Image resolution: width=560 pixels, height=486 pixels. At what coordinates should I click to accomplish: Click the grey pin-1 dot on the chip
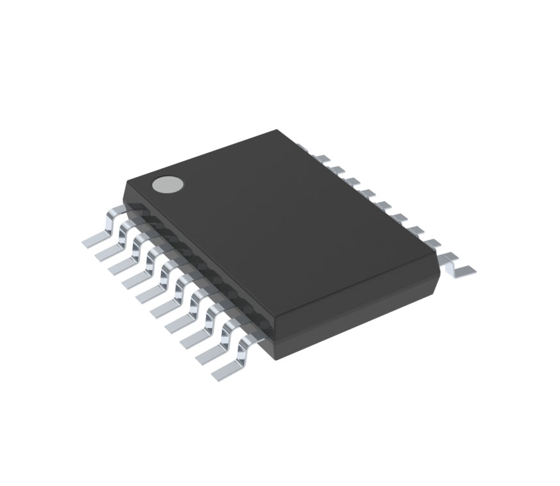click(168, 184)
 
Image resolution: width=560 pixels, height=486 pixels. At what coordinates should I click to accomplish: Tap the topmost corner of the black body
click(277, 131)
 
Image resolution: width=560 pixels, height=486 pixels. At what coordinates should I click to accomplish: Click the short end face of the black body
click(360, 321)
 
